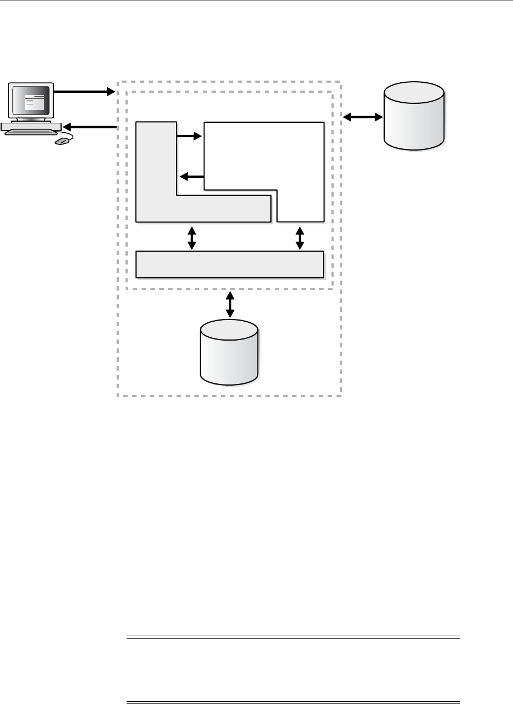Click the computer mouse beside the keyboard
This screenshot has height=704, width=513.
coord(62,142)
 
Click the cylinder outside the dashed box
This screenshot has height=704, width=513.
coord(415,117)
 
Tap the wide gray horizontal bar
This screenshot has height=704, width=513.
coord(230,264)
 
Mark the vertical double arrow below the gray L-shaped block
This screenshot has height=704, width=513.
coord(192,237)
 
